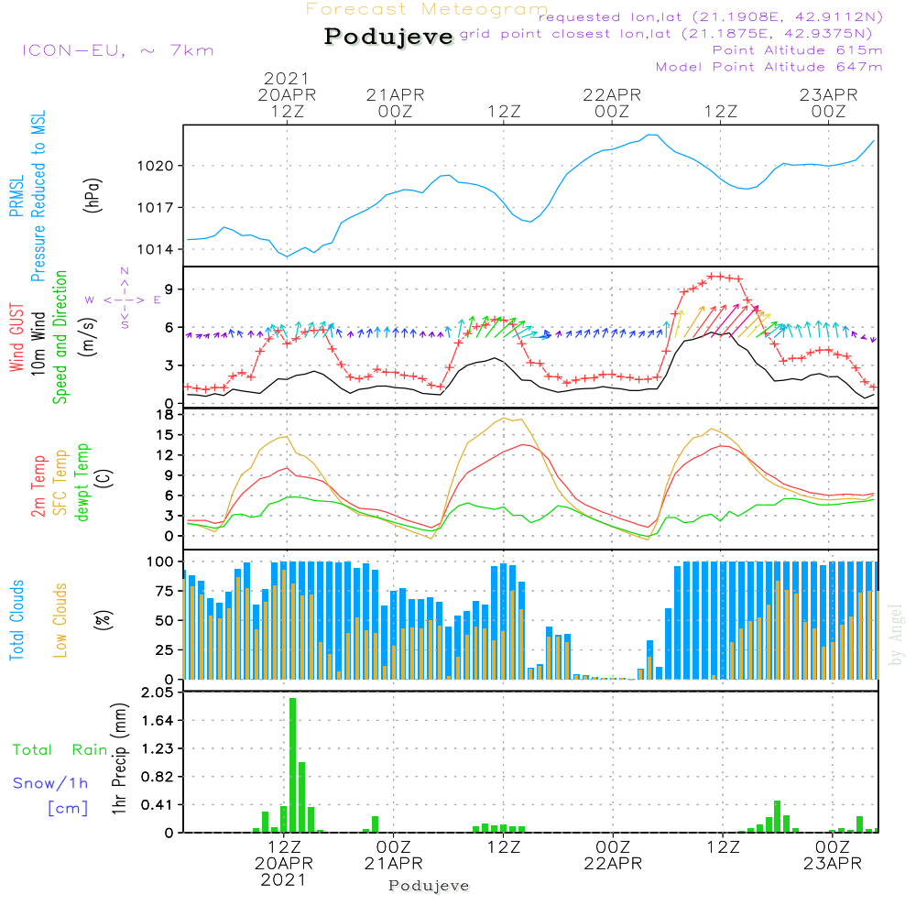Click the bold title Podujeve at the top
coord(388,37)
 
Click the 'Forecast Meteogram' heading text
coord(427,9)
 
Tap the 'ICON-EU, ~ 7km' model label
coord(117,50)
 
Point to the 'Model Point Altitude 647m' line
coord(769,67)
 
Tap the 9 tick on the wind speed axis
coord(169,289)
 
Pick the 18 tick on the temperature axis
coord(165,415)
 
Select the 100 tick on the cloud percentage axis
coord(160,561)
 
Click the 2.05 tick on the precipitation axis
coord(157,693)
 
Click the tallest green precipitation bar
coord(293,765)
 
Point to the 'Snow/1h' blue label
coord(50,783)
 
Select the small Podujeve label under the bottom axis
coord(429,886)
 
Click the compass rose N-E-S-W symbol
coord(124,299)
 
